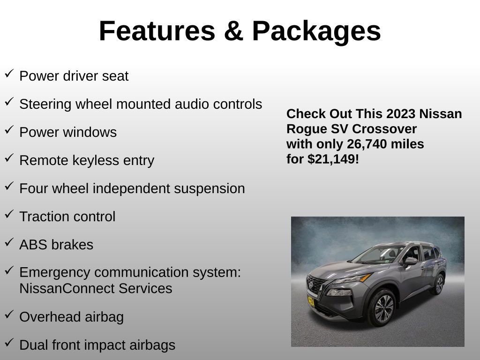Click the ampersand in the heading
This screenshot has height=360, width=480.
232,31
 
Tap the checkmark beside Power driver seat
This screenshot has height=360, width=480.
9,74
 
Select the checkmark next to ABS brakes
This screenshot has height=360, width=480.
9,242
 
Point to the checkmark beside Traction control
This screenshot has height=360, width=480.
9,214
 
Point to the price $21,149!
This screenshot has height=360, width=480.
333,159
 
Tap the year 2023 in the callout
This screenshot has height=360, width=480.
401,114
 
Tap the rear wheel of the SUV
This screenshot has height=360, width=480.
439,285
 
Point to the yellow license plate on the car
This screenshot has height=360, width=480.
311,300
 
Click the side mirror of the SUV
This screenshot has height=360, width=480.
411,261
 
